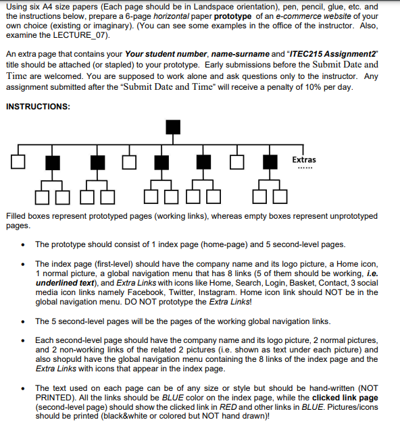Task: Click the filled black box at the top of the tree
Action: [x=174, y=127]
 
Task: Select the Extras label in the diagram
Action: [x=303, y=159]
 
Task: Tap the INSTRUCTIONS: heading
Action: [x=37, y=107]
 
